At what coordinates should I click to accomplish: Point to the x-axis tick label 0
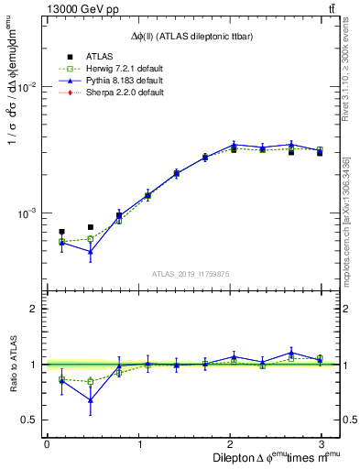(x=47, y=443)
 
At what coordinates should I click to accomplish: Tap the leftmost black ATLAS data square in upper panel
(x=61, y=232)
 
